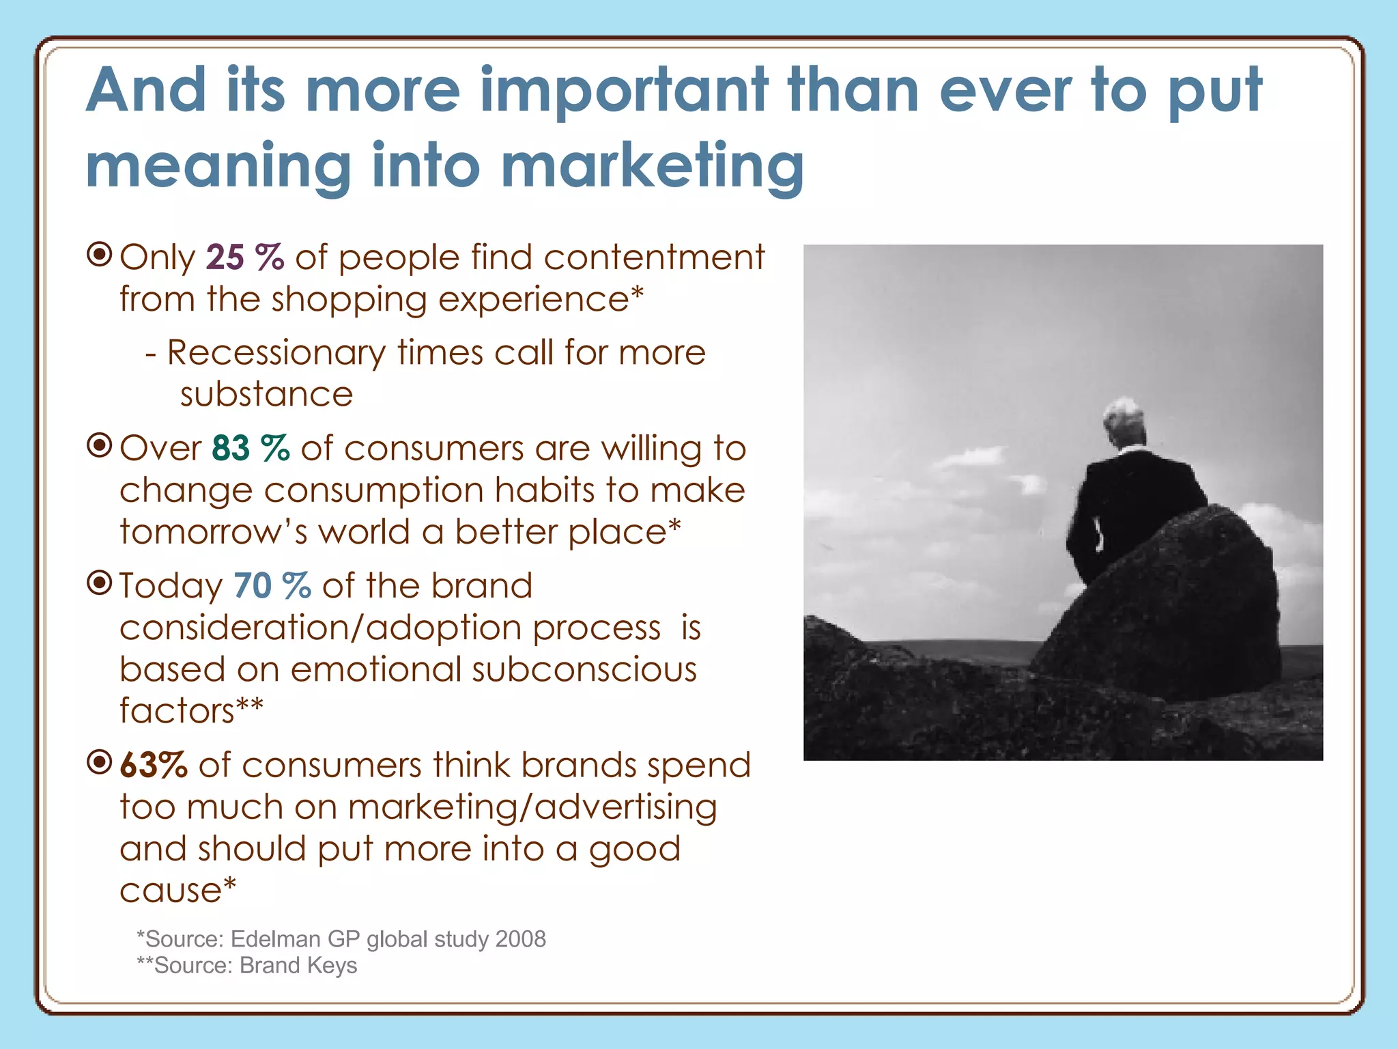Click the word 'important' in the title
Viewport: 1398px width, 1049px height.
pyautogui.click(x=624, y=91)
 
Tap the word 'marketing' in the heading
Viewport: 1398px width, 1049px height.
pyautogui.click(x=652, y=166)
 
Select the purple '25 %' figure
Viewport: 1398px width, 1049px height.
pyautogui.click(x=244, y=258)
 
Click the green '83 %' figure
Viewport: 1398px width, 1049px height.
pyautogui.click(x=251, y=449)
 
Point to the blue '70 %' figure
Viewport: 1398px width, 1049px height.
pyautogui.click(x=272, y=586)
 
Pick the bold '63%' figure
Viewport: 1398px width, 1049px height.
pyautogui.click(x=154, y=765)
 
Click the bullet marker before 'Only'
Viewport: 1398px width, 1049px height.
pyautogui.click(x=100, y=255)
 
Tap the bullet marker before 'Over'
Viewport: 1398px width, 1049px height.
pyautogui.click(x=100, y=446)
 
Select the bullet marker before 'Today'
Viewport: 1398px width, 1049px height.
pyautogui.click(x=100, y=583)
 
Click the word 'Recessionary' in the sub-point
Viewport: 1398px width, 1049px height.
pyautogui.click(x=276, y=353)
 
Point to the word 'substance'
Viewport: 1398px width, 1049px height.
pyautogui.click(x=266, y=395)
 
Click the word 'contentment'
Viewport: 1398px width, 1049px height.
pyautogui.click(x=654, y=258)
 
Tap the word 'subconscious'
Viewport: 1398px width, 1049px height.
pyautogui.click(x=584, y=669)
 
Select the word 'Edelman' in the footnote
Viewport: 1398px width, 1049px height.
pyautogui.click(x=275, y=939)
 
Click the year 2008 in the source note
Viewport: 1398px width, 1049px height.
pyautogui.click(x=520, y=939)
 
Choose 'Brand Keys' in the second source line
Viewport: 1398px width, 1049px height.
pyautogui.click(x=298, y=966)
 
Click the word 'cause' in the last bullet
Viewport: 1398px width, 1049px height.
pyautogui.click(x=171, y=891)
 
